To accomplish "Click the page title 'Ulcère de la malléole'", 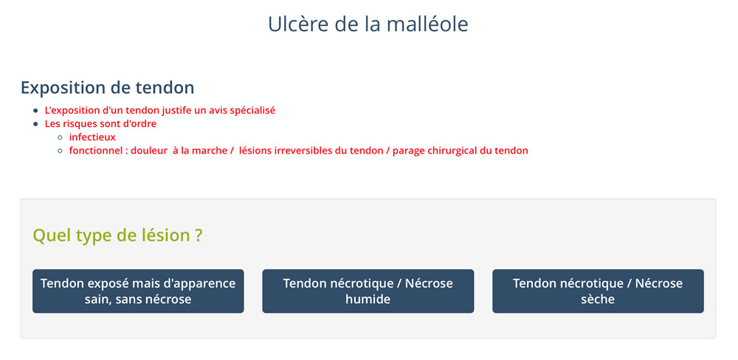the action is click(x=368, y=24).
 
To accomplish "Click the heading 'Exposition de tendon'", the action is click(x=107, y=88).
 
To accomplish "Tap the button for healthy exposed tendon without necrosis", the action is click(x=138, y=291).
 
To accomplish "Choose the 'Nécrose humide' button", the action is click(x=368, y=291).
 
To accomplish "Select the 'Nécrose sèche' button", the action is click(x=598, y=291).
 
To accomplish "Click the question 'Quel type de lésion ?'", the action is click(x=117, y=235).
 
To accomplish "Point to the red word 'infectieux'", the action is click(x=92, y=137).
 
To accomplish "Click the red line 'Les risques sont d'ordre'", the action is click(x=100, y=124).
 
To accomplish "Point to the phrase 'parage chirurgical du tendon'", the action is click(x=461, y=151).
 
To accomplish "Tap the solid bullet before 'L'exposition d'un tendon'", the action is click(x=35, y=111).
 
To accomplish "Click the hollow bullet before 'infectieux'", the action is click(x=60, y=138).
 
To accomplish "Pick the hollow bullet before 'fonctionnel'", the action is click(x=60, y=151).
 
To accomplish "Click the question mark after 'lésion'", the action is click(x=199, y=235).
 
